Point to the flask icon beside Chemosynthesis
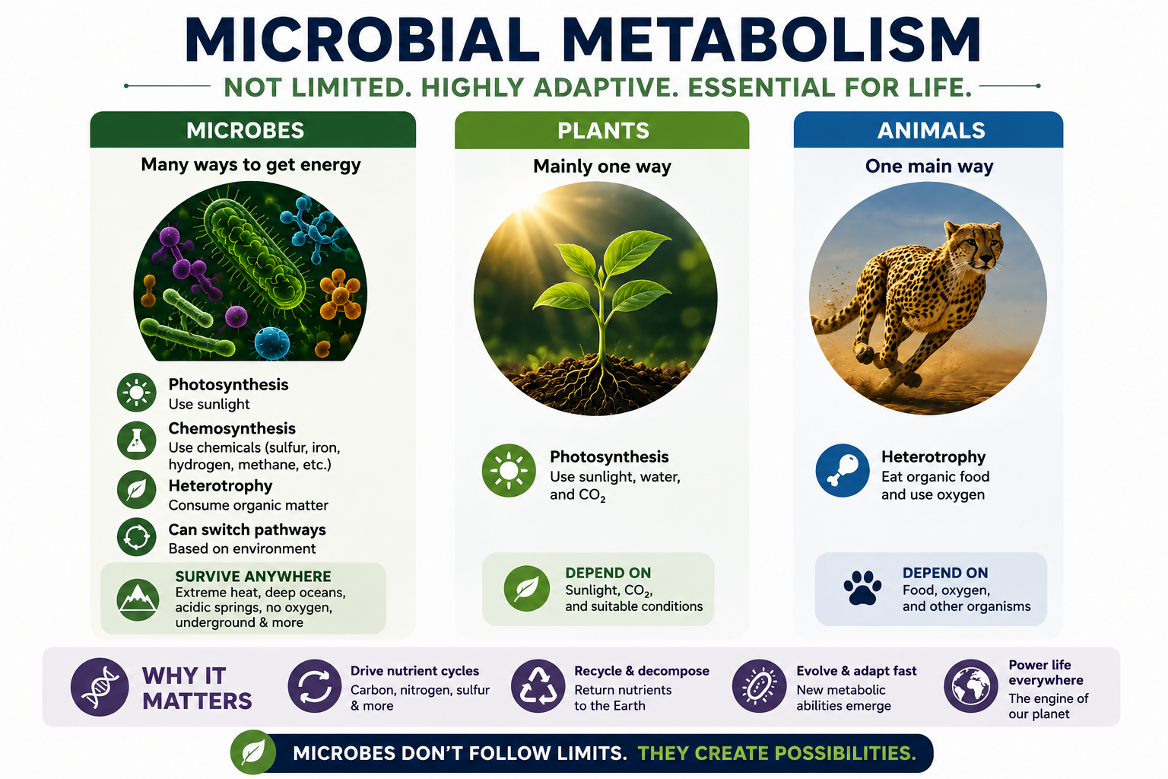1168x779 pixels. [136, 440]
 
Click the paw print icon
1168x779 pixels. [862, 587]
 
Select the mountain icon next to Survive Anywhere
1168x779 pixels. [138, 599]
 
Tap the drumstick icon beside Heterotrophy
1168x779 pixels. [843, 470]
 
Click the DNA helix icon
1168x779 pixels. [100, 687]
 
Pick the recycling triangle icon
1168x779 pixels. [538, 686]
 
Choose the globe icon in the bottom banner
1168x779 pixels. [971, 686]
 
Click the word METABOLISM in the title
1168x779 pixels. [772, 40]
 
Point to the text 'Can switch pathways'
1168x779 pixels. [247, 529]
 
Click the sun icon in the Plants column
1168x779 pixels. [509, 470]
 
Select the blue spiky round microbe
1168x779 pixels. [271, 342]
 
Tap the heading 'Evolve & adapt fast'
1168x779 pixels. [856, 670]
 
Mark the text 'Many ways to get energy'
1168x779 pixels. [251, 165]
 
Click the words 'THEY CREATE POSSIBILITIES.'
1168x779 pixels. [777, 753]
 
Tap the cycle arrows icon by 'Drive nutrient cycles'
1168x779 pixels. [314, 686]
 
